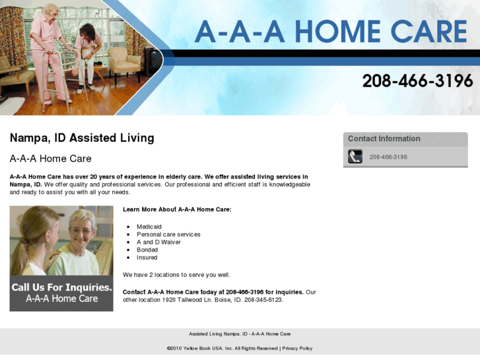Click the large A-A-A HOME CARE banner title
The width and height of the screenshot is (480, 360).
point(330,32)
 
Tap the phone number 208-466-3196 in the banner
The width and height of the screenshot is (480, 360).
point(417,81)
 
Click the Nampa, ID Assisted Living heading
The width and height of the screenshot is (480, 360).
point(82,138)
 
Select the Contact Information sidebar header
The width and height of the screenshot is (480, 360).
point(384,139)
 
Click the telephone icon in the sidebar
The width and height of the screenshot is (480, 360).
point(355,157)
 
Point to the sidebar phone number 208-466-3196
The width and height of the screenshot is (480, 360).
point(388,157)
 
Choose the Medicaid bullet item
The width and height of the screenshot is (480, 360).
point(149,227)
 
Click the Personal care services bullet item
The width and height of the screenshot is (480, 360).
point(168,234)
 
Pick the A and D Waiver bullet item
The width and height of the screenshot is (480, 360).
point(158,242)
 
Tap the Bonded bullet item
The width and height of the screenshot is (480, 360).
point(147,250)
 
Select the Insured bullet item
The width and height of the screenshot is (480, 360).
point(147,258)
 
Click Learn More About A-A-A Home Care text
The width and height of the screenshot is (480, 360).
point(177,209)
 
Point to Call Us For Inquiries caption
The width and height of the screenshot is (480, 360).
point(61,288)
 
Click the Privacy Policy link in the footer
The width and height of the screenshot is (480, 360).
point(297,348)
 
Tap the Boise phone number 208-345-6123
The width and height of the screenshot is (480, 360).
point(263,300)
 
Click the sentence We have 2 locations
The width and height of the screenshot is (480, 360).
point(176,275)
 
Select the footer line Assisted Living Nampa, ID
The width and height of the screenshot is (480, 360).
point(240,334)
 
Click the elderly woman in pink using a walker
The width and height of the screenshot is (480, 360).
point(49,46)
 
